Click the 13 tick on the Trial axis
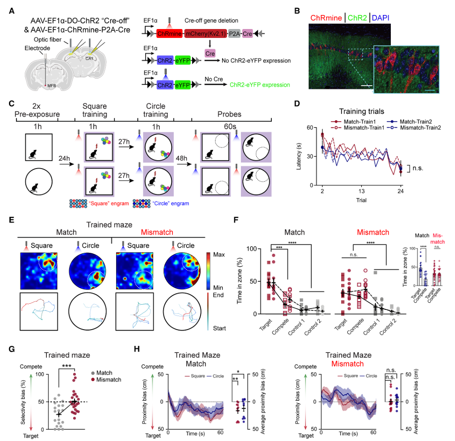[x=361, y=191]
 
